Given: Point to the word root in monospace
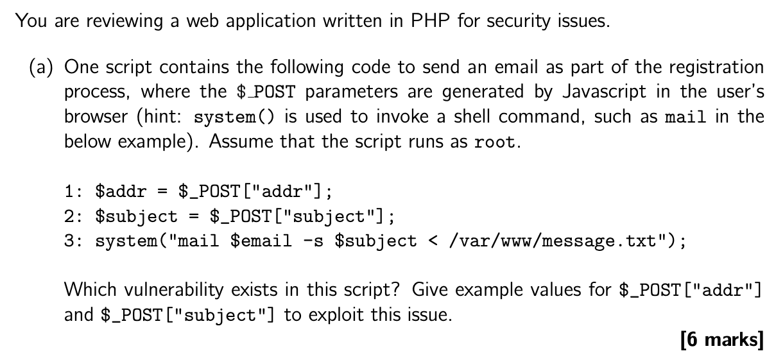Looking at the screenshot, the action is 494,142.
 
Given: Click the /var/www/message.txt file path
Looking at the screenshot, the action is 554,241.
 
